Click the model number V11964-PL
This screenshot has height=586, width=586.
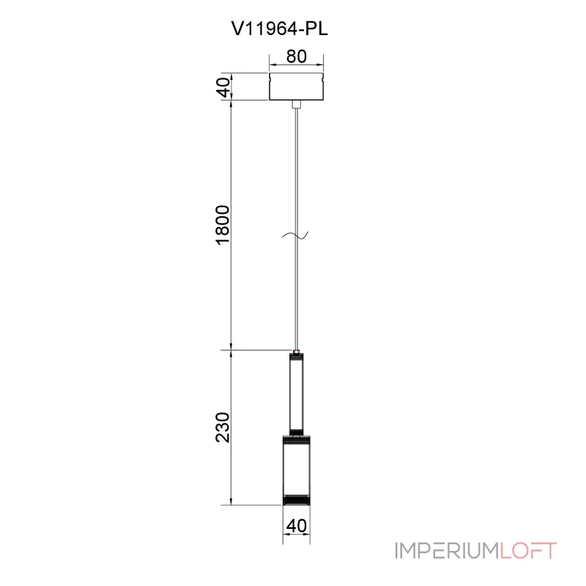[280, 29]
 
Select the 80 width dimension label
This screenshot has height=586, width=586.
[297, 56]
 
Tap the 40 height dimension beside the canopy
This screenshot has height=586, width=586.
[223, 87]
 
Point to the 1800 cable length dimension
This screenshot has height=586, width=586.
[223, 225]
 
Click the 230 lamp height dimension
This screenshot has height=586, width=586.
[223, 428]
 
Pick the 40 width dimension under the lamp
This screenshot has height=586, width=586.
[297, 526]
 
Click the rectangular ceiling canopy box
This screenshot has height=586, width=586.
[297, 86]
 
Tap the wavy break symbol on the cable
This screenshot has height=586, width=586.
[295, 235]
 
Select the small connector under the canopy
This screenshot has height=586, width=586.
[297, 104]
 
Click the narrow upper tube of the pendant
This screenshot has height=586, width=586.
[297, 394]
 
